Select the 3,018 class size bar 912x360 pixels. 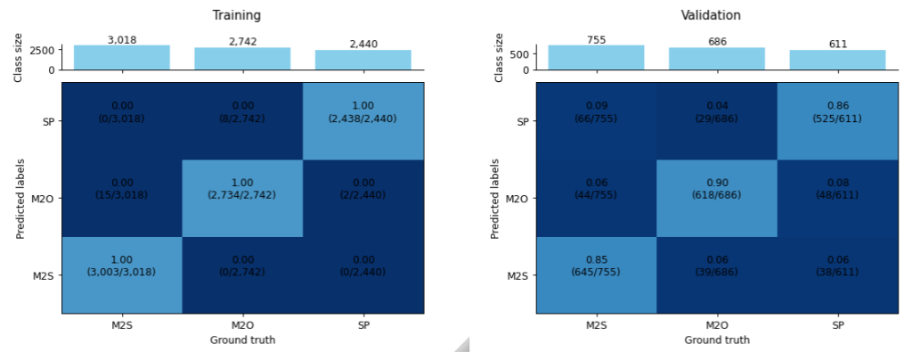pos(121,57)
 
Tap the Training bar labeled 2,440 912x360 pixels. pos(362,59)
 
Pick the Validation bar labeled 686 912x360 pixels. pos(717,58)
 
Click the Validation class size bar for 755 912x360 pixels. pos(596,57)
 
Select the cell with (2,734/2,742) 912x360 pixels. pos(242,199)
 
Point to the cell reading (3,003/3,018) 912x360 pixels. pos(122,275)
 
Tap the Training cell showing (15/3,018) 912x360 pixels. pos(122,199)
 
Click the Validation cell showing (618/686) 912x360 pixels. pos(717,199)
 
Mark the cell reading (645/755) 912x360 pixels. pos(597,275)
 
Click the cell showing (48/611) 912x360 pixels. pos(837,199)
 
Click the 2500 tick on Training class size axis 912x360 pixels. pos(44,51)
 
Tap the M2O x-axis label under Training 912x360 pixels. pos(242,327)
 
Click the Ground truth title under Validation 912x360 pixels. pos(717,340)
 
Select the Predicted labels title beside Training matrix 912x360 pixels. pos(20,199)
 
